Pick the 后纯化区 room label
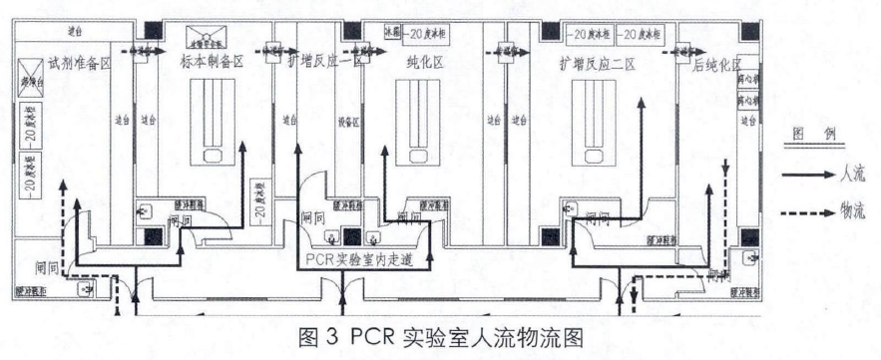(x=716, y=67)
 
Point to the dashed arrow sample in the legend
(x=807, y=211)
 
